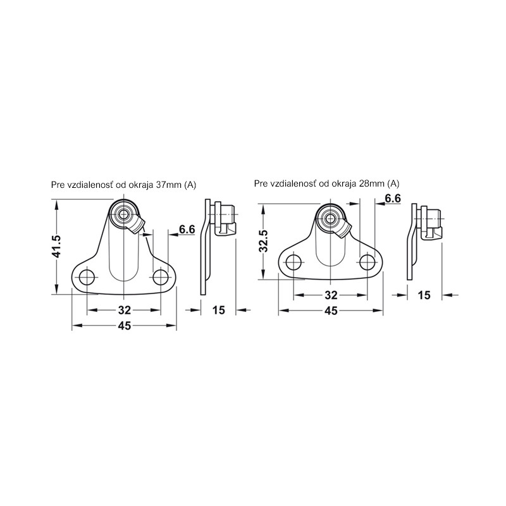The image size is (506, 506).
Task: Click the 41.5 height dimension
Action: [57, 247]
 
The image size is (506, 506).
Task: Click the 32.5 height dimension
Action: [264, 240]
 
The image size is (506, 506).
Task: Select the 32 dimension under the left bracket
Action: [124, 310]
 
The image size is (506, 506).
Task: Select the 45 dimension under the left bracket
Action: [124, 326]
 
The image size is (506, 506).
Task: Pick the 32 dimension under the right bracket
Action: [331, 295]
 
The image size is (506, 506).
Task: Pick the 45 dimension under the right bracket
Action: [331, 311]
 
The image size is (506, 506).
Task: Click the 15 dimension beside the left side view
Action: [218, 310]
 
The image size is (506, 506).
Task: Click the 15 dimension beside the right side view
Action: [424, 295]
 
